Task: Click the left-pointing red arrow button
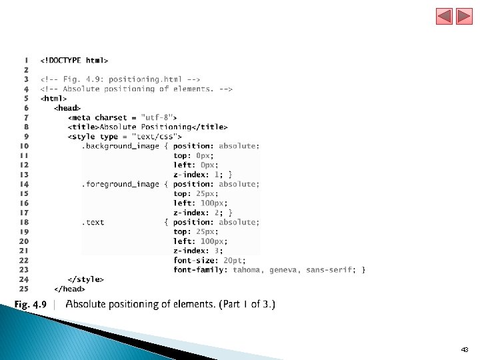coord(445,17)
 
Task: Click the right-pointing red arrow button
coord(464,17)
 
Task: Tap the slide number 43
coord(465,349)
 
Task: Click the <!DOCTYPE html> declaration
coord(74,60)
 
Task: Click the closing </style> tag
coord(86,279)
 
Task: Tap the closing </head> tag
coord(69,289)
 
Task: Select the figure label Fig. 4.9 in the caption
coord(31,305)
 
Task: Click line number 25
coord(24,289)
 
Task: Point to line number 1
coord(26,60)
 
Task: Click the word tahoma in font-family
coord(248,270)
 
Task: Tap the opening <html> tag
coord(54,98)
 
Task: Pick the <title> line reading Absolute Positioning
coord(147,127)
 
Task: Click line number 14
coord(24,184)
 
